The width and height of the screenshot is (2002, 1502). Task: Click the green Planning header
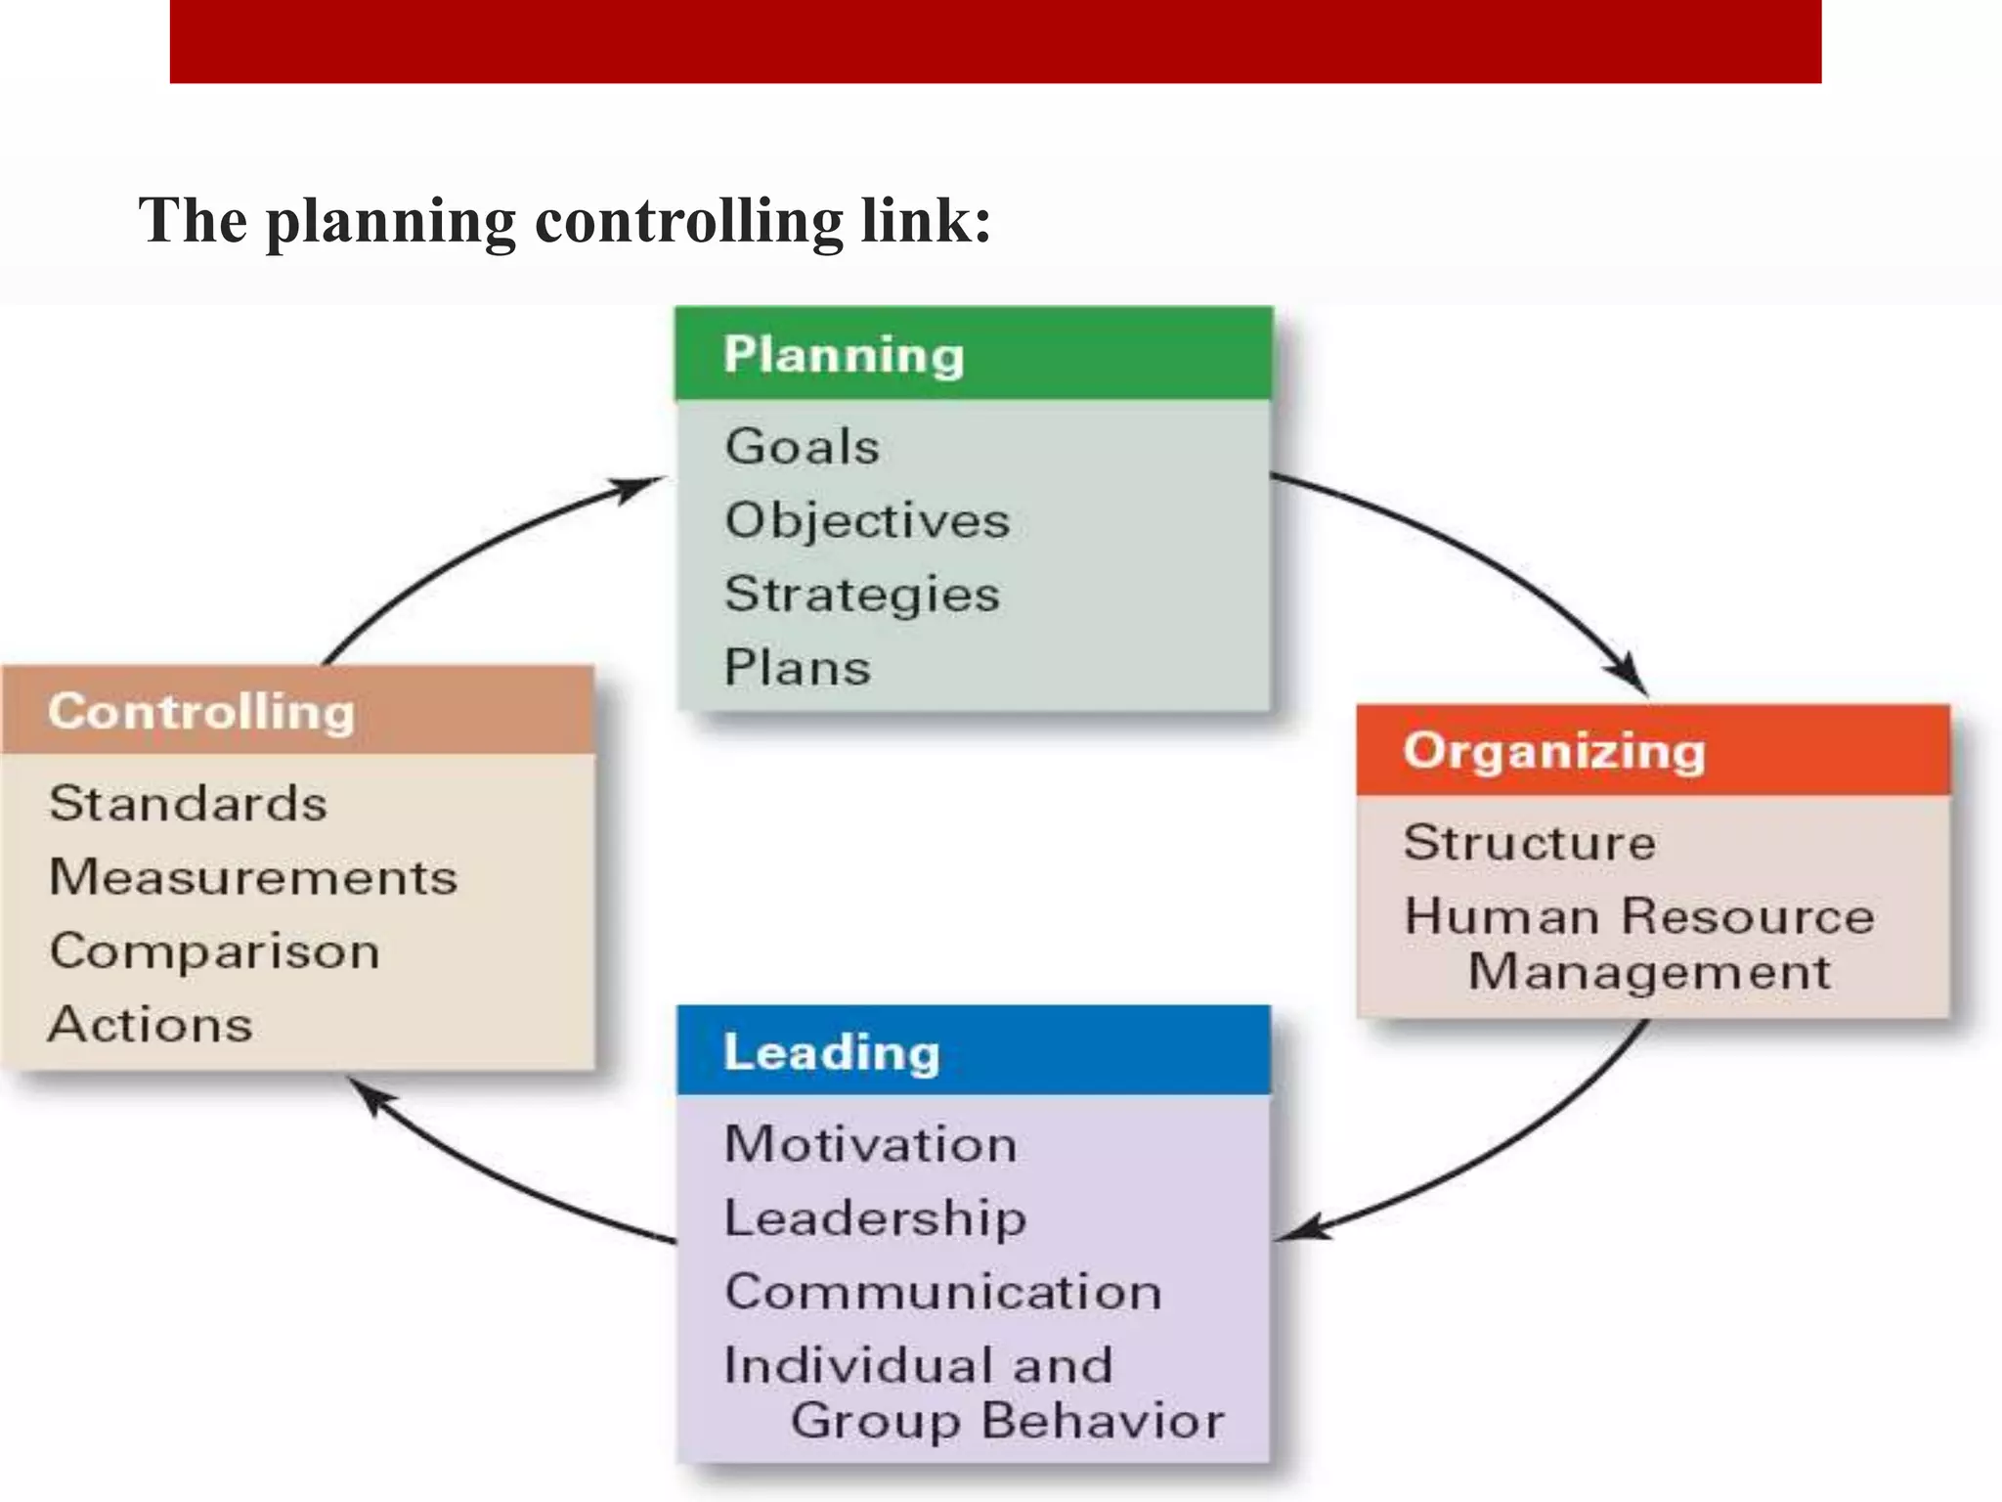[x=973, y=354]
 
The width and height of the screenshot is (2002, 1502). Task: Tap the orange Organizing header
[x=1652, y=750]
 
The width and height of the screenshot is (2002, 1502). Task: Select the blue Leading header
[x=973, y=1051]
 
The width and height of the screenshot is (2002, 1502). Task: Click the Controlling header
[x=298, y=711]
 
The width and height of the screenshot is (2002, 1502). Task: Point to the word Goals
[x=803, y=447]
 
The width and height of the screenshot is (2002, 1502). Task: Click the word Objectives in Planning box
[x=867, y=520]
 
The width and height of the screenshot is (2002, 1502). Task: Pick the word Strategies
[x=862, y=595]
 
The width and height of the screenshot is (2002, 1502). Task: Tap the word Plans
[x=797, y=668]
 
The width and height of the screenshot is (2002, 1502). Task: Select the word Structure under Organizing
[x=1530, y=843]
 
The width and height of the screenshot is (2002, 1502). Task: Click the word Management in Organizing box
[x=1649, y=972]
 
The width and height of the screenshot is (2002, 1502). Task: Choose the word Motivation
[x=871, y=1144]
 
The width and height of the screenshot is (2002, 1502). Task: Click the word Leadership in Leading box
[x=875, y=1218]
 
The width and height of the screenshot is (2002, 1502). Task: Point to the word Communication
[x=943, y=1292]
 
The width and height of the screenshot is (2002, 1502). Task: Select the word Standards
[x=188, y=804]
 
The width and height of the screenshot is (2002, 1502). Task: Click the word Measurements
[x=253, y=877]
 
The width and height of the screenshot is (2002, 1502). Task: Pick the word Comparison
[x=215, y=951]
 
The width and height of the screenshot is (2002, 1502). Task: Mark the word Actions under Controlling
[x=151, y=1025]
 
